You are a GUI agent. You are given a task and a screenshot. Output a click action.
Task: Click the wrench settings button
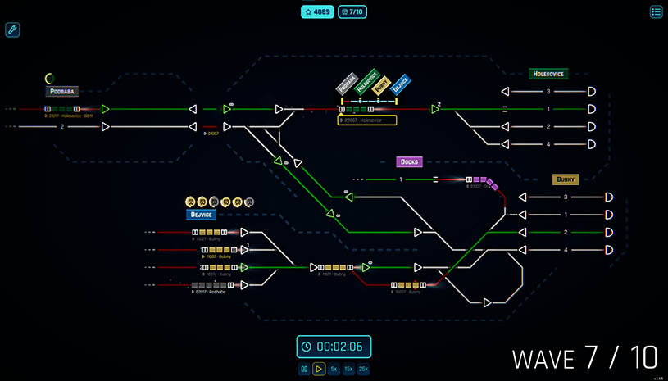click(x=12, y=30)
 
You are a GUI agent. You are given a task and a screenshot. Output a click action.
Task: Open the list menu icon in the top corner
click(x=656, y=11)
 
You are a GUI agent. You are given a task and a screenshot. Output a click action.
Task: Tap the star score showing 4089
click(x=317, y=12)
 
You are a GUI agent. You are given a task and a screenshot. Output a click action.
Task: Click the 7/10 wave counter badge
click(x=353, y=12)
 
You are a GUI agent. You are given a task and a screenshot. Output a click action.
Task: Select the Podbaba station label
click(x=62, y=92)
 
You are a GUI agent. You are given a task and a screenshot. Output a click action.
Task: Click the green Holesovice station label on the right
click(x=548, y=74)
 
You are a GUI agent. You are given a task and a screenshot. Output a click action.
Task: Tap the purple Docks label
click(x=409, y=161)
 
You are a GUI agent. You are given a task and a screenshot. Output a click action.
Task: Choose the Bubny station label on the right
click(x=566, y=179)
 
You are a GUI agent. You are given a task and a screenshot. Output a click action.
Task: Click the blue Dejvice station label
click(x=200, y=215)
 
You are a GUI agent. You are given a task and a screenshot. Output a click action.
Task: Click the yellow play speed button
click(x=319, y=370)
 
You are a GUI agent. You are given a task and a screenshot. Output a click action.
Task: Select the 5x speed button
click(x=334, y=370)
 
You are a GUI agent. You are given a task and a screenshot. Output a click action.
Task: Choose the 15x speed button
click(x=348, y=370)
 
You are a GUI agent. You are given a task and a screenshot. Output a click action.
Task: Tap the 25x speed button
click(x=363, y=370)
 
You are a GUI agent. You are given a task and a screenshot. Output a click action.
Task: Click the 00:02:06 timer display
click(x=334, y=346)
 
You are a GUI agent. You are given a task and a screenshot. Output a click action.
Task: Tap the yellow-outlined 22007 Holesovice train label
click(x=366, y=120)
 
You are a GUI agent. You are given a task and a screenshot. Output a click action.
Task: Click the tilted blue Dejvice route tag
click(x=400, y=84)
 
